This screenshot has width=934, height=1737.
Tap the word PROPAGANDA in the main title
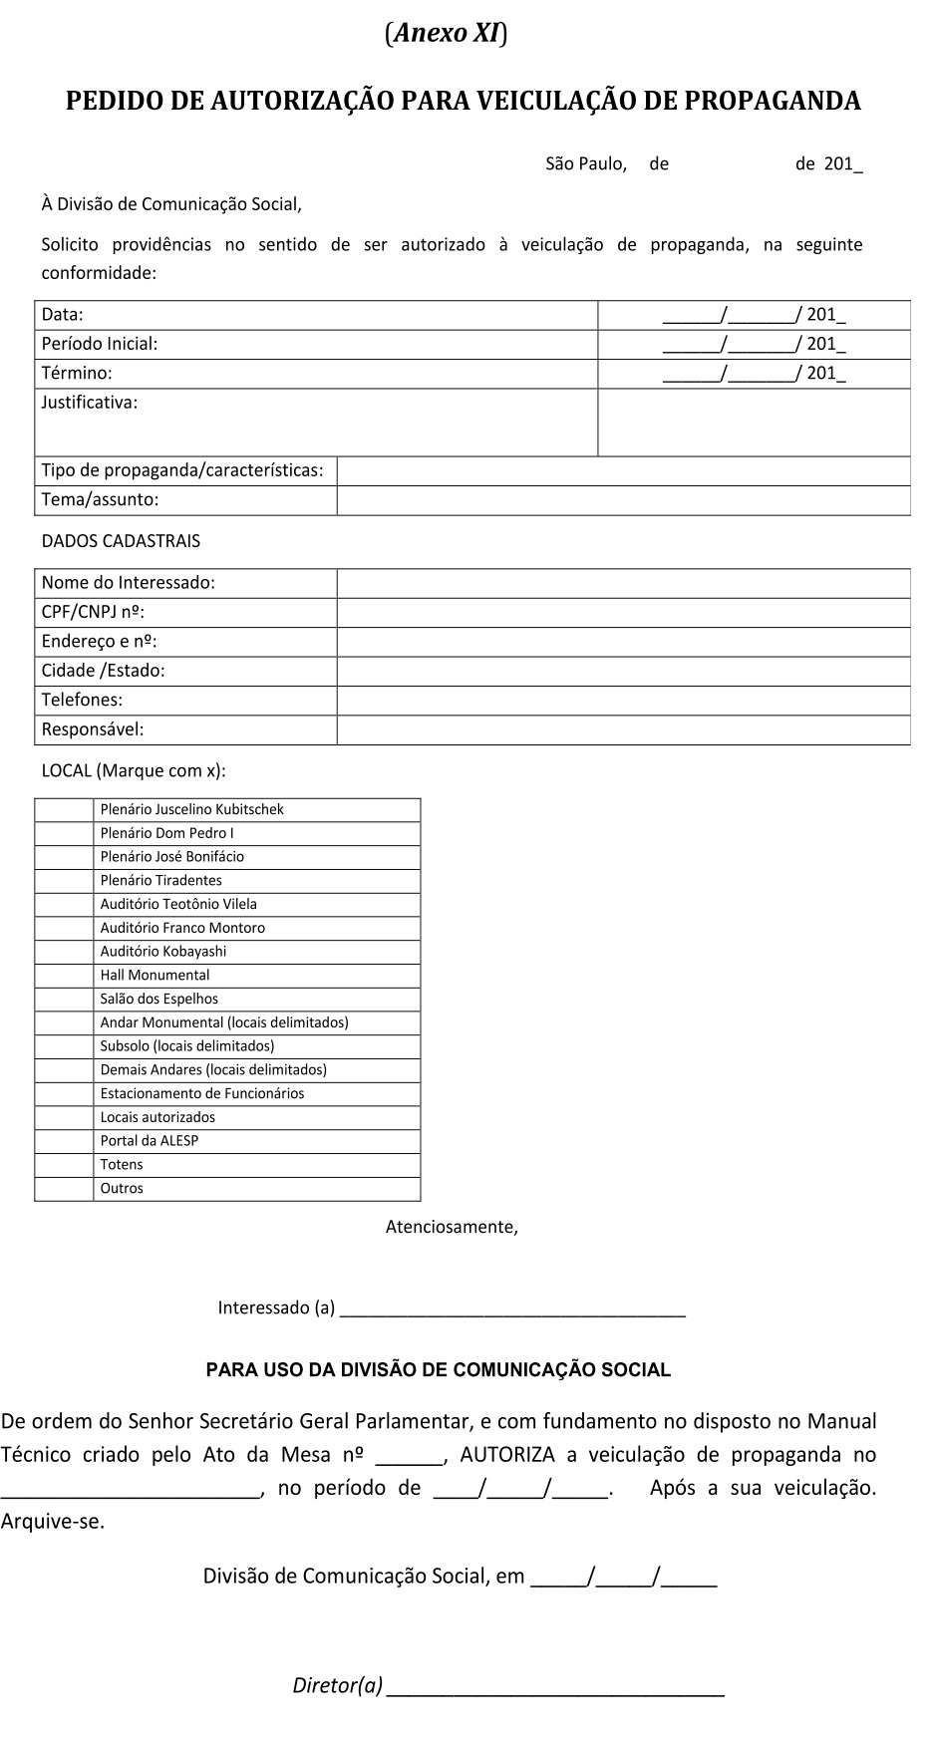click(x=773, y=101)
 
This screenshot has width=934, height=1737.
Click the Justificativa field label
click(x=90, y=403)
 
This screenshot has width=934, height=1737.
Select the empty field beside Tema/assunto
click(x=623, y=500)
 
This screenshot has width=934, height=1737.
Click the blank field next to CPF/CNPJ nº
click(x=623, y=612)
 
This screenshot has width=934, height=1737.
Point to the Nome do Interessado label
click(x=128, y=582)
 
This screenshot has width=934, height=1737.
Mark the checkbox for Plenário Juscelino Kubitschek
click(x=64, y=810)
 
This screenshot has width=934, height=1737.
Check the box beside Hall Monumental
click(x=64, y=976)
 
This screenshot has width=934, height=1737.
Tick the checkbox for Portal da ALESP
click(x=64, y=1141)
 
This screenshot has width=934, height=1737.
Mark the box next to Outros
click(x=64, y=1189)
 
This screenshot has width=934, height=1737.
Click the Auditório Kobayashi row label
click(x=163, y=952)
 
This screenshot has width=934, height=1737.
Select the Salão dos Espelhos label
click(x=158, y=999)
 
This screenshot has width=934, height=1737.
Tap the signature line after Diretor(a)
click(x=554, y=1686)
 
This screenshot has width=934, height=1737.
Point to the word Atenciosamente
click(x=452, y=1227)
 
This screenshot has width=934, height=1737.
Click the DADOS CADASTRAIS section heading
click(x=121, y=541)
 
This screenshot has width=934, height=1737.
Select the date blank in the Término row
click(x=754, y=374)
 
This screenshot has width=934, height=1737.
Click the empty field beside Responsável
click(x=623, y=729)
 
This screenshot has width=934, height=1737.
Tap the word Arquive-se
click(x=52, y=1522)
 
